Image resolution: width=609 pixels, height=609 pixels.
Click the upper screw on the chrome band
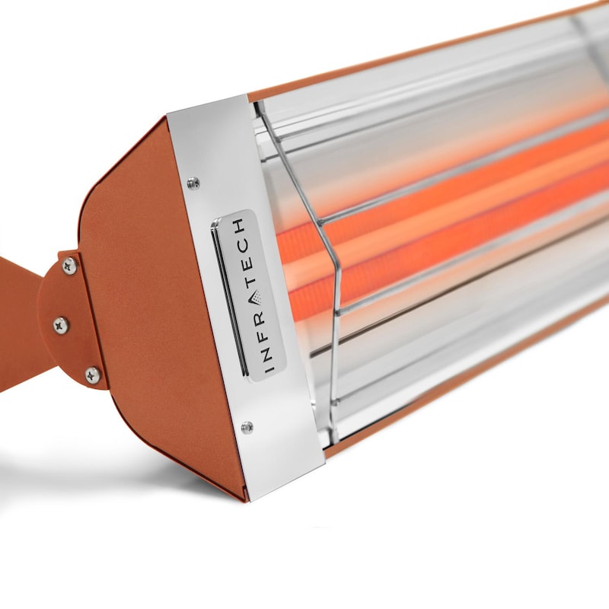(x=193, y=183)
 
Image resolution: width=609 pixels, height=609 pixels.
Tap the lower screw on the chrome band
(x=247, y=427)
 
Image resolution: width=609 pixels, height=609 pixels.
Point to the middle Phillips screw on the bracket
(x=61, y=325)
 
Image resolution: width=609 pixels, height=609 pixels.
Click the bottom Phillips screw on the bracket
(x=92, y=374)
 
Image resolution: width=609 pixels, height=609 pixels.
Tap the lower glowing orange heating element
(x=457, y=244)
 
